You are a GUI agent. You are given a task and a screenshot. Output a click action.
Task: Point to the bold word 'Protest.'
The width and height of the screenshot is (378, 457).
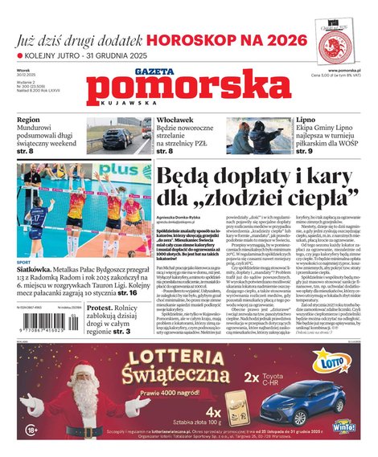click(102, 307)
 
